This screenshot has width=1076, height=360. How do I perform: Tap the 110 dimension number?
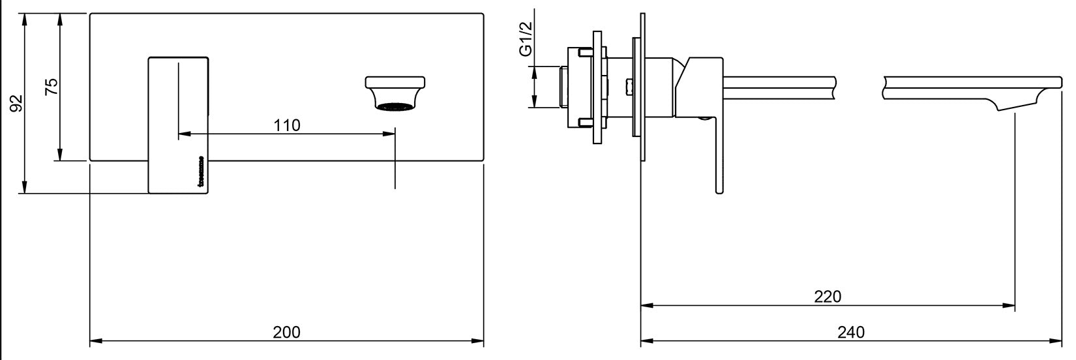[x=286, y=125]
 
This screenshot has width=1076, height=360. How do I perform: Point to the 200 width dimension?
[x=286, y=332]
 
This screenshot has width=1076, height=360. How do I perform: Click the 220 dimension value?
[x=828, y=297]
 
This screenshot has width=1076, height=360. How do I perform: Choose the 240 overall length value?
[x=850, y=332]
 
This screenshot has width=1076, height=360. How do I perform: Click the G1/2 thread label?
[x=526, y=38]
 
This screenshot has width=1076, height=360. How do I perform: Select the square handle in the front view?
[x=179, y=124]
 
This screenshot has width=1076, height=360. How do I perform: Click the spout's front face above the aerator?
[x=395, y=82]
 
